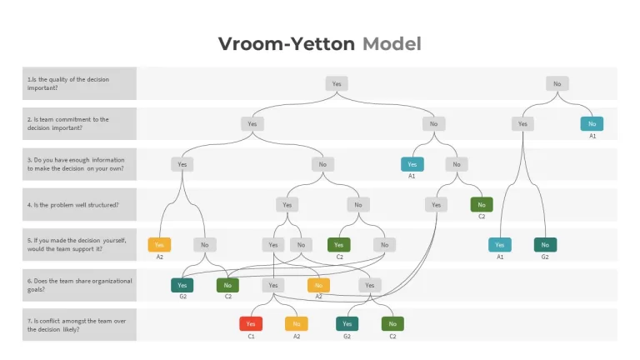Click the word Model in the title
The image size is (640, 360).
coord(392,43)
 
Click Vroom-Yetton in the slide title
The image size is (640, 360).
coord(287,43)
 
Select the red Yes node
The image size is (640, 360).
coord(251,323)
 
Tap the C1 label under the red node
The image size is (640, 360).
coord(251,337)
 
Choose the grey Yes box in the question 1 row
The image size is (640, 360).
coord(337,83)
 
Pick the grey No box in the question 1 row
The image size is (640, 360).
coord(557,83)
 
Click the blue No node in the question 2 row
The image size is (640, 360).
coord(592,123)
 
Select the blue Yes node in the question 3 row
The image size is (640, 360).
coord(412,164)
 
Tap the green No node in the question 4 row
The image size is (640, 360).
coord(482,204)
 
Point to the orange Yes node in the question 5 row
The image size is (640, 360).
coord(159,245)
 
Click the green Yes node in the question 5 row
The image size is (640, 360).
coord(339,245)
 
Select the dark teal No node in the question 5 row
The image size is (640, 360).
coord(545,245)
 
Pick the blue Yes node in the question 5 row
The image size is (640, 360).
coord(500,245)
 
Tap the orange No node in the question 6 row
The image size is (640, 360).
coord(319,285)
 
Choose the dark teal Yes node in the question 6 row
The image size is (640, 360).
coord(182,285)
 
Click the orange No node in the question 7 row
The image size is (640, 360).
coord(297,323)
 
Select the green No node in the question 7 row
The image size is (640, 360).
coord(392,323)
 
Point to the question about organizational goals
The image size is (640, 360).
coord(80,285)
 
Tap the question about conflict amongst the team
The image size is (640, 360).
coord(77,325)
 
